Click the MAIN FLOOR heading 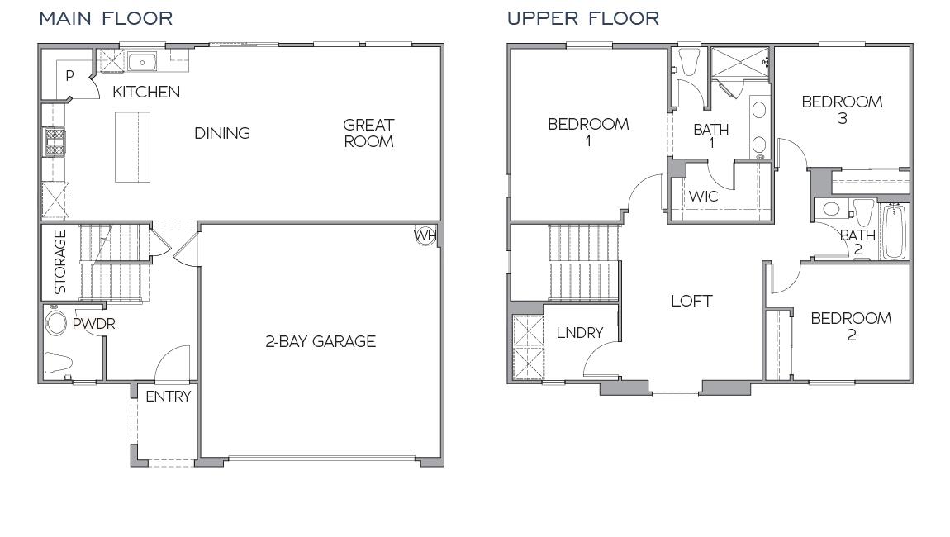[x=106, y=18]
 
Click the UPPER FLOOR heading [x=582, y=18]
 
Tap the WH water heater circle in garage [x=425, y=236]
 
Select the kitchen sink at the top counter [x=142, y=61]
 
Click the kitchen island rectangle [x=132, y=147]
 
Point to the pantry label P [x=69, y=76]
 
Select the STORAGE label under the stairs [x=59, y=262]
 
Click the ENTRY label [x=168, y=397]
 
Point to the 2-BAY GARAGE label [x=321, y=341]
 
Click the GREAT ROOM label [x=368, y=133]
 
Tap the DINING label [x=222, y=133]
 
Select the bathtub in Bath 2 [x=894, y=233]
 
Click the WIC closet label [x=704, y=197]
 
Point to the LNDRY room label [x=579, y=333]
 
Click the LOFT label [x=691, y=301]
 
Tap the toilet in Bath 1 [x=688, y=63]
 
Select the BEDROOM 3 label [x=842, y=110]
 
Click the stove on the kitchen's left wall [x=55, y=142]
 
